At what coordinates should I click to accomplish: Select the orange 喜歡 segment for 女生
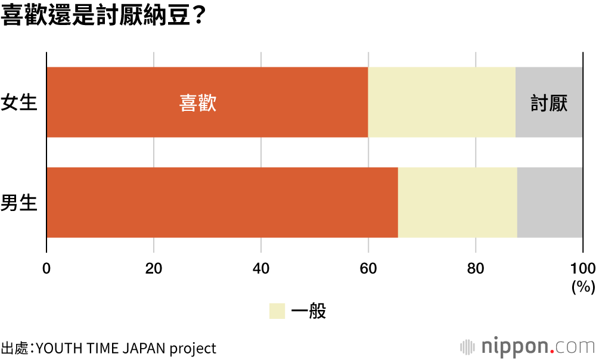pos(119,102)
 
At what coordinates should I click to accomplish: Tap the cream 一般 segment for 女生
pos(442,102)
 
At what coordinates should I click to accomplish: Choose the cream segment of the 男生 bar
pos(457,202)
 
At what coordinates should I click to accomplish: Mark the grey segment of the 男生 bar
pos(550,202)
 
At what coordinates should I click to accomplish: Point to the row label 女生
pos(19,103)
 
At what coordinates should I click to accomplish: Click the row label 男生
pos(19,203)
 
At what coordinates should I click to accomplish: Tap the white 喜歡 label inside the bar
pos(198,103)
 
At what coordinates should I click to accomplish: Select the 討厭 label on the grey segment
pos(549,103)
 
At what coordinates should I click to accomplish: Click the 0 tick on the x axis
pos(46,268)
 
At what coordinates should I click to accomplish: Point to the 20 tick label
pos(154,268)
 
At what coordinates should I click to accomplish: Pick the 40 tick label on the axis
pos(261,268)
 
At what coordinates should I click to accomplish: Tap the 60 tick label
pos(368,268)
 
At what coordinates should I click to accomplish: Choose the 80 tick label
pos(476,268)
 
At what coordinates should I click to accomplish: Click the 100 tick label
pos(583,268)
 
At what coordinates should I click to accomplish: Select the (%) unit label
pos(583,287)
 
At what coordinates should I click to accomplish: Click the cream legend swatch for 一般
pos(277,311)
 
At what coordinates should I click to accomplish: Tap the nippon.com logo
pos(527,346)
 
